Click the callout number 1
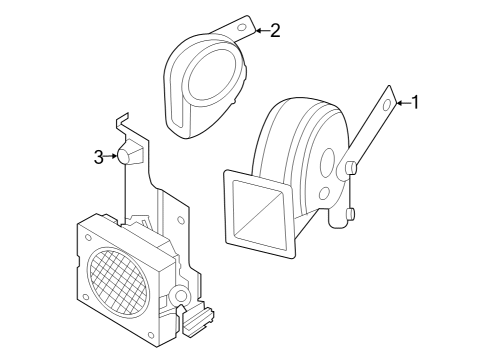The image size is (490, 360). point(417,101)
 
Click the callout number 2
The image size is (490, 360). point(275,30)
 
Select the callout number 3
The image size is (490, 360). point(99,156)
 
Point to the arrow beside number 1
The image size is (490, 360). point(402,101)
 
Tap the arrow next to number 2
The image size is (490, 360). point(260,30)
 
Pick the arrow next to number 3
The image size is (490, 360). point(112,156)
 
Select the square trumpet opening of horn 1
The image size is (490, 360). point(261,213)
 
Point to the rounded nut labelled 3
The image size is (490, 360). point(127,155)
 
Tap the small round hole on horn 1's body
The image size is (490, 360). point(323,193)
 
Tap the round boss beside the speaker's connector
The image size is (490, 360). point(179,296)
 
